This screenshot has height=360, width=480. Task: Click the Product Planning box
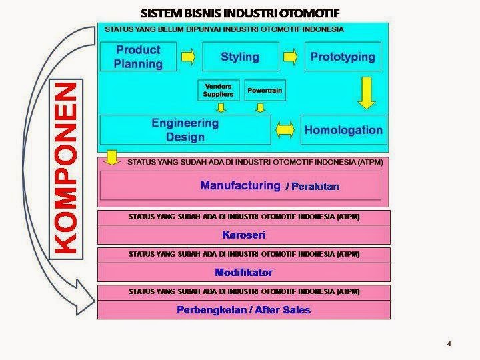tap(138, 57)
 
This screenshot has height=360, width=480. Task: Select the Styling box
tap(240, 57)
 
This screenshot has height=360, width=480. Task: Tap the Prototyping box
tap(343, 57)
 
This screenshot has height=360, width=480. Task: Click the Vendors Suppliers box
tap(218, 90)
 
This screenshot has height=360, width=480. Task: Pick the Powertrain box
tap(265, 90)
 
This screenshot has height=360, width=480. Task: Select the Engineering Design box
tap(185, 129)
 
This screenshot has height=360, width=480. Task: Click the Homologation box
tap(343, 129)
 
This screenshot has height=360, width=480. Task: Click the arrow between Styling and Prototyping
tap(291, 57)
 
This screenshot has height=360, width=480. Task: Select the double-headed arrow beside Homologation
tap(286, 129)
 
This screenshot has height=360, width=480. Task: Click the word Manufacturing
tap(240, 185)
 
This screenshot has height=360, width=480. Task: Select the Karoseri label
tap(243, 235)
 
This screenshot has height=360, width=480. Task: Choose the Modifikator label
tap(243, 272)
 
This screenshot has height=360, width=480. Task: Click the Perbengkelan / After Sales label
tap(243, 309)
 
